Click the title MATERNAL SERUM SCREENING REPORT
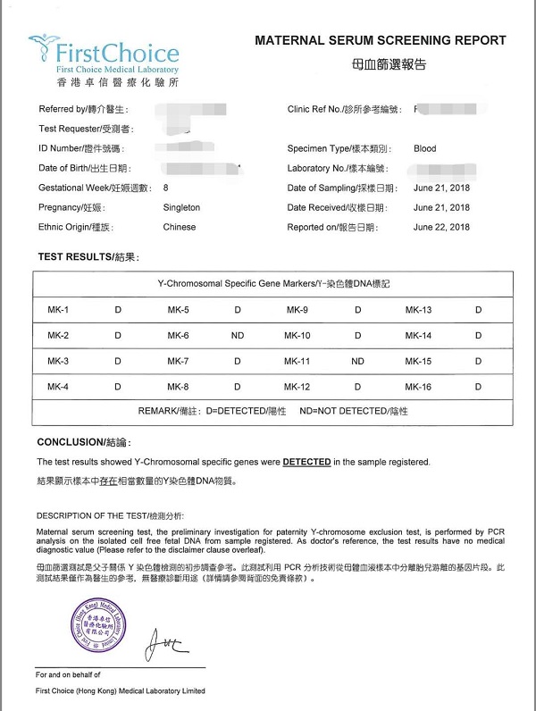click(381, 40)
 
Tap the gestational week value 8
click(165, 188)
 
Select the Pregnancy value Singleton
click(181, 207)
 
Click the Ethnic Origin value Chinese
click(180, 227)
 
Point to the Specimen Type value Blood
click(425, 148)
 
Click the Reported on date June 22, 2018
click(441, 227)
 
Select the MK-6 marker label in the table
click(178, 336)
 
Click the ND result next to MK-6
click(238, 336)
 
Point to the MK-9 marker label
click(297, 310)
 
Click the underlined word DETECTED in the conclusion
click(306, 462)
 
